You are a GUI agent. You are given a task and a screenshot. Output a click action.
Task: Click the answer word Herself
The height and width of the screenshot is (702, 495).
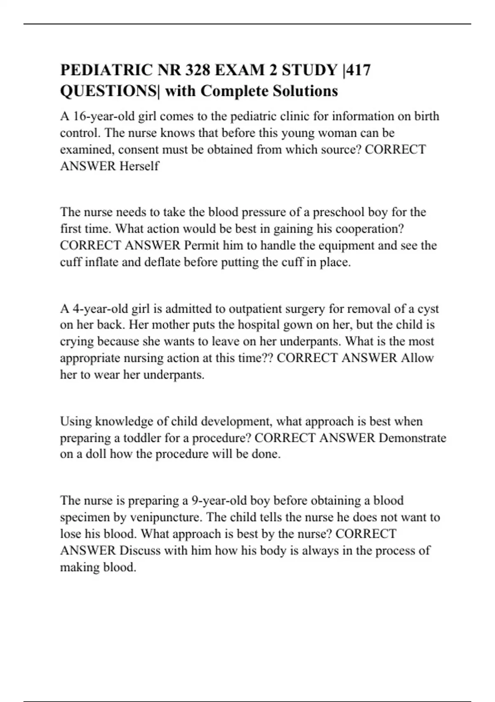[139, 166]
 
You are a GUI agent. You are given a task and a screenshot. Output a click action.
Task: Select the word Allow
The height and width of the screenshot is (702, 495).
[417, 358]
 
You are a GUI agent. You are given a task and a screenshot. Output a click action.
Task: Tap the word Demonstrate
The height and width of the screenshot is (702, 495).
[412, 438]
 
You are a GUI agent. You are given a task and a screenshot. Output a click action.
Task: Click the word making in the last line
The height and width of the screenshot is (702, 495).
[78, 567]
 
